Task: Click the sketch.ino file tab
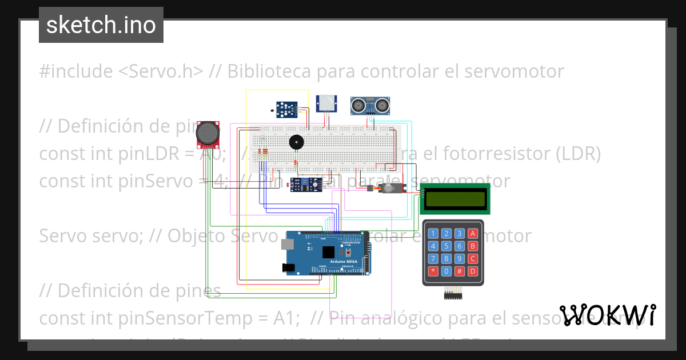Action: coord(101,25)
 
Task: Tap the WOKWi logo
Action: coord(608,315)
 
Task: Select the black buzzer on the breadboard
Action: coord(296,141)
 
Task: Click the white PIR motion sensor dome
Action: coord(327,103)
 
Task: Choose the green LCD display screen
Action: coord(456,199)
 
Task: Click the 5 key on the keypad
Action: coord(446,246)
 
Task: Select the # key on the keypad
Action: coord(459,271)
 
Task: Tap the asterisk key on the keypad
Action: coord(433,271)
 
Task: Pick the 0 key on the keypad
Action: coord(446,271)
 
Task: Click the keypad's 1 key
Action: coord(433,233)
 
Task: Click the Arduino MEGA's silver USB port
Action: coord(288,245)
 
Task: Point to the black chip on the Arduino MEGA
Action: coord(328,253)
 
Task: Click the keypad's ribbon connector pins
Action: coord(453,294)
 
